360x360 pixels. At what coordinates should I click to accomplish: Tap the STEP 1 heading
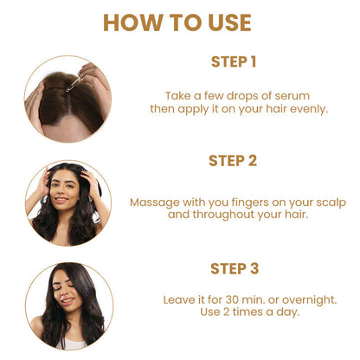click(234, 61)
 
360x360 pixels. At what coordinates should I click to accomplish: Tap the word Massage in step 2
click(152, 202)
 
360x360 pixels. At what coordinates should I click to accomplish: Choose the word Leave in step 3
click(179, 299)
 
